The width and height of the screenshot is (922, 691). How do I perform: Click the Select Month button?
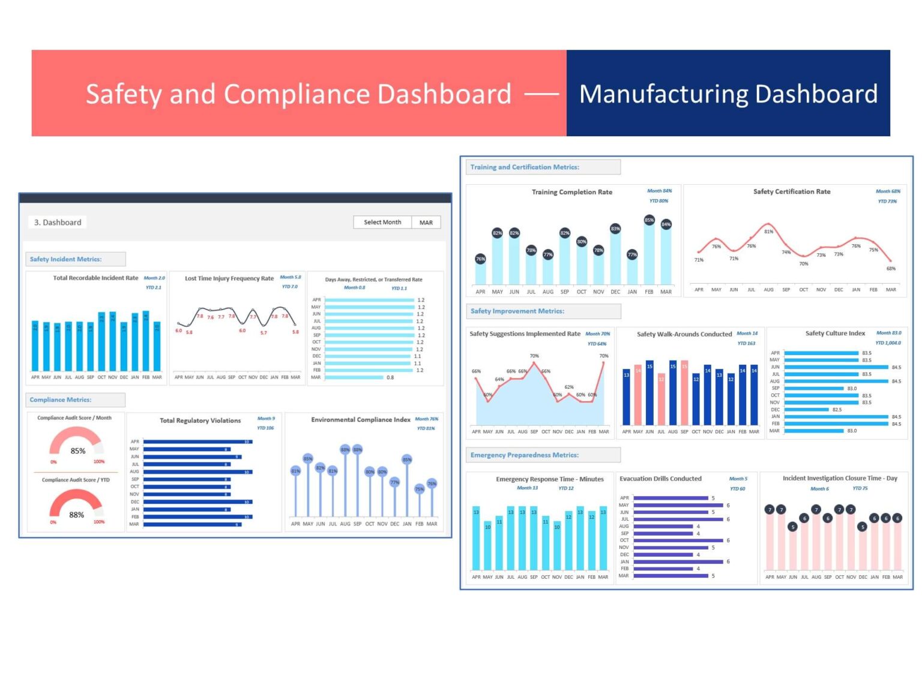pyautogui.click(x=382, y=222)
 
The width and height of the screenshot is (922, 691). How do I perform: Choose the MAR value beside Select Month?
pyautogui.click(x=426, y=223)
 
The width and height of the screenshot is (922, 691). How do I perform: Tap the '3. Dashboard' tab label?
pyautogui.click(x=58, y=223)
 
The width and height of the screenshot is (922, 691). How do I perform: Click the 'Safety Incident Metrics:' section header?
pyautogui.click(x=66, y=259)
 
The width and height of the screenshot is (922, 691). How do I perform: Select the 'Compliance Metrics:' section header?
pyautogui.click(x=61, y=399)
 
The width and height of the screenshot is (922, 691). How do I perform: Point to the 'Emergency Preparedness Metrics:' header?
pyautogui.click(x=525, y=455)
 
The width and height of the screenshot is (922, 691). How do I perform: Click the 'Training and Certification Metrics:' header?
pyautogui.click(x=525, y=167)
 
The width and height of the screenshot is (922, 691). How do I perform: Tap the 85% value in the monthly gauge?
pyautogui.click(x=78, y=451)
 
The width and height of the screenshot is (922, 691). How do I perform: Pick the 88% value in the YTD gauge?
pyautogui.click(x=77, y=515)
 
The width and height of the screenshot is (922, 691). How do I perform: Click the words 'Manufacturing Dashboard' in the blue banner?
pyautogui.click(x=728, y=94)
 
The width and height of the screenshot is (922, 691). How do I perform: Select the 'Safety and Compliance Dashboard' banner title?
pyautogui.click(x=298, y=94)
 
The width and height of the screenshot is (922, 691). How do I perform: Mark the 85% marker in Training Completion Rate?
pyautogui.click(x=649, y=220)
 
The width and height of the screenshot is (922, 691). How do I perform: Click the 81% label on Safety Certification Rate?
pyautogui.click(x=768, y=232)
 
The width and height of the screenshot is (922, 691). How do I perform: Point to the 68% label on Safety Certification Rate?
pyautogui.click(x=891, y=269)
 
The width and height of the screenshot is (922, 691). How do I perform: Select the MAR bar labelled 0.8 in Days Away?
pyautogui.click(x=354, y=377)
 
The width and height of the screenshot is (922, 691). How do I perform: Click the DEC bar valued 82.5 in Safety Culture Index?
pyautogui.click(x=807, y=410)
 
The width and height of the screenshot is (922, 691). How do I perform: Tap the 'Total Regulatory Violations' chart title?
pyautogui.click(x=200, y=420)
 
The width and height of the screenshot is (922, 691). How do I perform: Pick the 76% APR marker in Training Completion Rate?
pyautogui.click(x=480, y=259)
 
